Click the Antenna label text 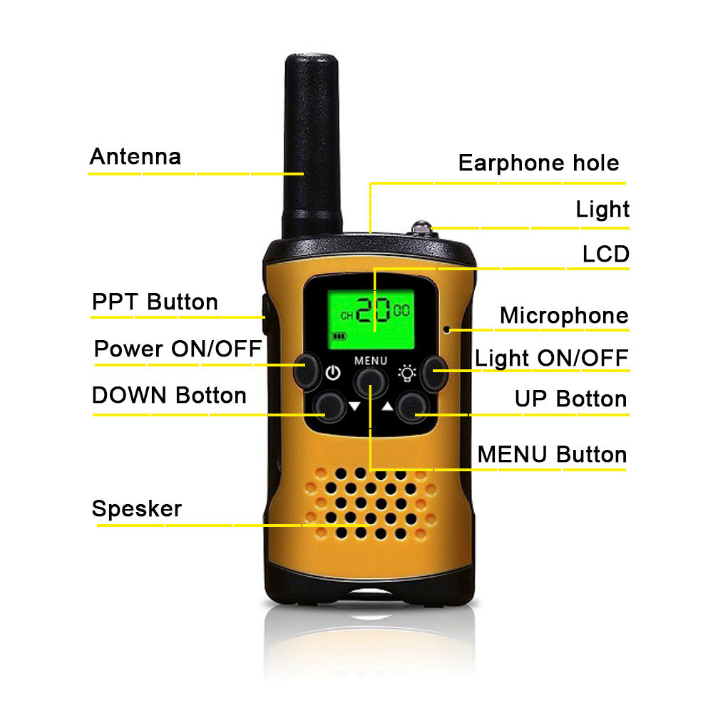(x=135, y=156)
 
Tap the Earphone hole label (x=538, y=163)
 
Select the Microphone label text (x=564, y=315)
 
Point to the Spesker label (x=137, y=509)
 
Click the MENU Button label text (x=552, y=454)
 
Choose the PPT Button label (x=155, y=302)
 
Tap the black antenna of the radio (x=312, y=145)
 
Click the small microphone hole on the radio (x=446, y=329)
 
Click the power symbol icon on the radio (x=333, y=372)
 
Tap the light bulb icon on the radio (x=407, y=372)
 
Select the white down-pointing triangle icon (x=354, y=406)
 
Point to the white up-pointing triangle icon (x=387, y=406)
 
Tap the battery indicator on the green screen (x=339, y=336)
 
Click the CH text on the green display (x=347, y=316)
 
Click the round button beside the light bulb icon (x=434, y=373)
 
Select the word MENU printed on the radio (x=371, y=361)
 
